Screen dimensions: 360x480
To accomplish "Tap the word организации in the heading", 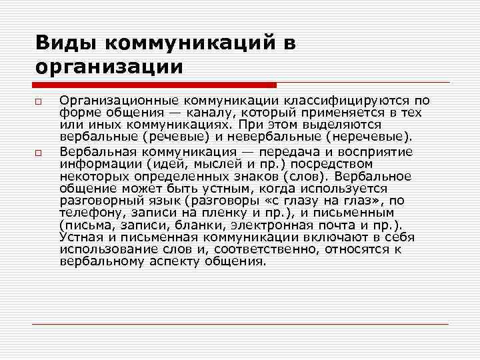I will pos(109,67).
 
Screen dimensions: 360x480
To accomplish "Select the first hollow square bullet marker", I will pos(40,101).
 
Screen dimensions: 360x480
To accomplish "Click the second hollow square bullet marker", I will pos(40,153).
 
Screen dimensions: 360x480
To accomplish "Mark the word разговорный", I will pos(97,201).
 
